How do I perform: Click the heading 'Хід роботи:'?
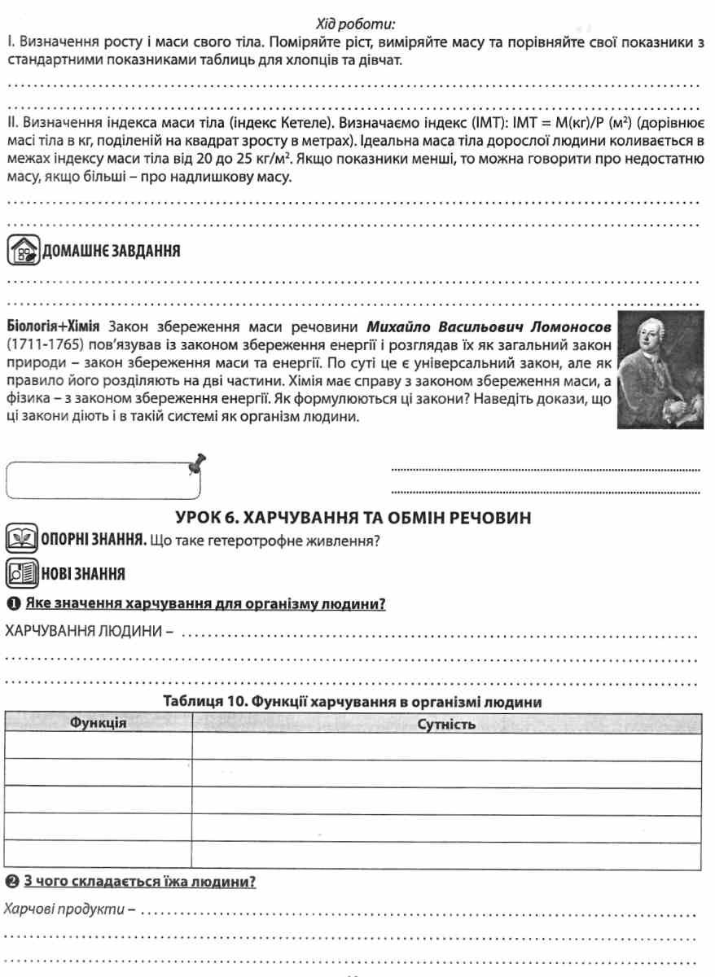353,24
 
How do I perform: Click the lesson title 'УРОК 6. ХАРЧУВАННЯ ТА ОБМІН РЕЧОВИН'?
353,517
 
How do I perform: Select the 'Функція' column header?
98,723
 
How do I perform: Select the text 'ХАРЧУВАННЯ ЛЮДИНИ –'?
90,633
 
